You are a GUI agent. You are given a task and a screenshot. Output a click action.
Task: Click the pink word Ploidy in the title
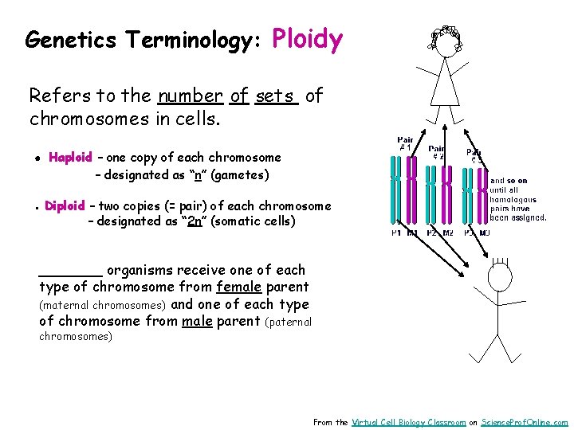(308, 39)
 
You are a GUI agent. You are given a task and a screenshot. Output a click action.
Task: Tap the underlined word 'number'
(190, 96)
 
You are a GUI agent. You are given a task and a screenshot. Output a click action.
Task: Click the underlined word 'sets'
(276, 96)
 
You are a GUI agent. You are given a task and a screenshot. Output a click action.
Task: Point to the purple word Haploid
(70, 158)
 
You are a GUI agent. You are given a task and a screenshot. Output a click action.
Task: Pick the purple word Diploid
(65, 206)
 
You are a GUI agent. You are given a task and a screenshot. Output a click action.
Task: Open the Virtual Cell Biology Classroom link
(408, 423)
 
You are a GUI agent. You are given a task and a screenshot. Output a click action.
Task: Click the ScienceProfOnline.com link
(525, 423)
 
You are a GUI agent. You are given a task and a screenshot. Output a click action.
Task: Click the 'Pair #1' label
(405, 143)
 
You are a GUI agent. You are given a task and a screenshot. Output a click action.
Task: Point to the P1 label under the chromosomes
(395, 233)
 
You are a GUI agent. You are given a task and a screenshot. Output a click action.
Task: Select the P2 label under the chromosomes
(431, 233)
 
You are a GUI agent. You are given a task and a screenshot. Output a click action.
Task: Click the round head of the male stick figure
(500, 276)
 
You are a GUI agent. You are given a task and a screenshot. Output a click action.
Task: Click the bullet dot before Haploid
(37, 158)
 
